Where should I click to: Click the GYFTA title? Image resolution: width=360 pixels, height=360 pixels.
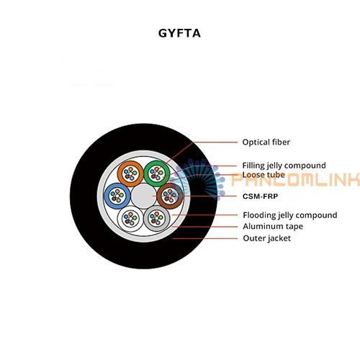[179, 33]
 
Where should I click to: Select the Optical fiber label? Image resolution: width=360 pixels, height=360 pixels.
[266, 142]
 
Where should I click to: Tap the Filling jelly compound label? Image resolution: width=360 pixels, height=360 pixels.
[284, 166]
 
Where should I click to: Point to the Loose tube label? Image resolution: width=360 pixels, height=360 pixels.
[264, 175]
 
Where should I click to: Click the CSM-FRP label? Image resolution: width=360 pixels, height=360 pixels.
[260, 197]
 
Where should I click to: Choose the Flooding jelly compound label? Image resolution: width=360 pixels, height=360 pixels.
[290, 215]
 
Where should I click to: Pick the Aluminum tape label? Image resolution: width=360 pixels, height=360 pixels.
[273, 226]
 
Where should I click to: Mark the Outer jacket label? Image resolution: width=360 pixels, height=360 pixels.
[267, 238]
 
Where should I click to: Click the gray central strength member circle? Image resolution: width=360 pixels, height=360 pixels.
[143, 196]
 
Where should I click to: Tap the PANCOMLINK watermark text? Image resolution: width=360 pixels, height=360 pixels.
[296, 179]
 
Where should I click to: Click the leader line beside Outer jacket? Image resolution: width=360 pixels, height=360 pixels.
[205, 238]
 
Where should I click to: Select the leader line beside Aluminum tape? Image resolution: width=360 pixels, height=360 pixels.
[205, 227]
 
